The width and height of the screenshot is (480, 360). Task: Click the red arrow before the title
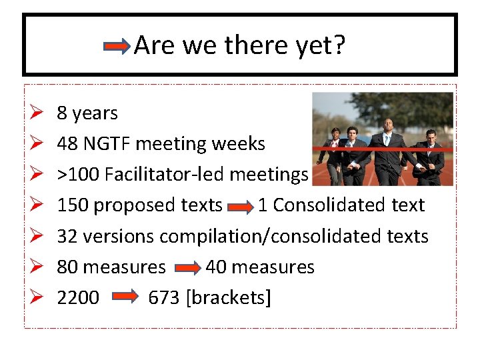tap(118, 47)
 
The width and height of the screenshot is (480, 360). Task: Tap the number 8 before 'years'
tap(62, 113)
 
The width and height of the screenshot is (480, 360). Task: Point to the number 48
tap(67, 144)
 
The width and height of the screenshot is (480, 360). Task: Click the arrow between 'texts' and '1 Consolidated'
tap(240, 206)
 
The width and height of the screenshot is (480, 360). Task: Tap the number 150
tap(73, 205)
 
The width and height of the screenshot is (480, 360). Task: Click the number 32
tap(67, 236)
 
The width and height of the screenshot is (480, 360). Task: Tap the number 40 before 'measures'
tap(216, 267)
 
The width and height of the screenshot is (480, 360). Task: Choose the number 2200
tap(78, 298)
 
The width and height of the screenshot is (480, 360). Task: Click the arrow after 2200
tap(124, 298)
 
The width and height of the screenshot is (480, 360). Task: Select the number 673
tap(164, 298)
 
